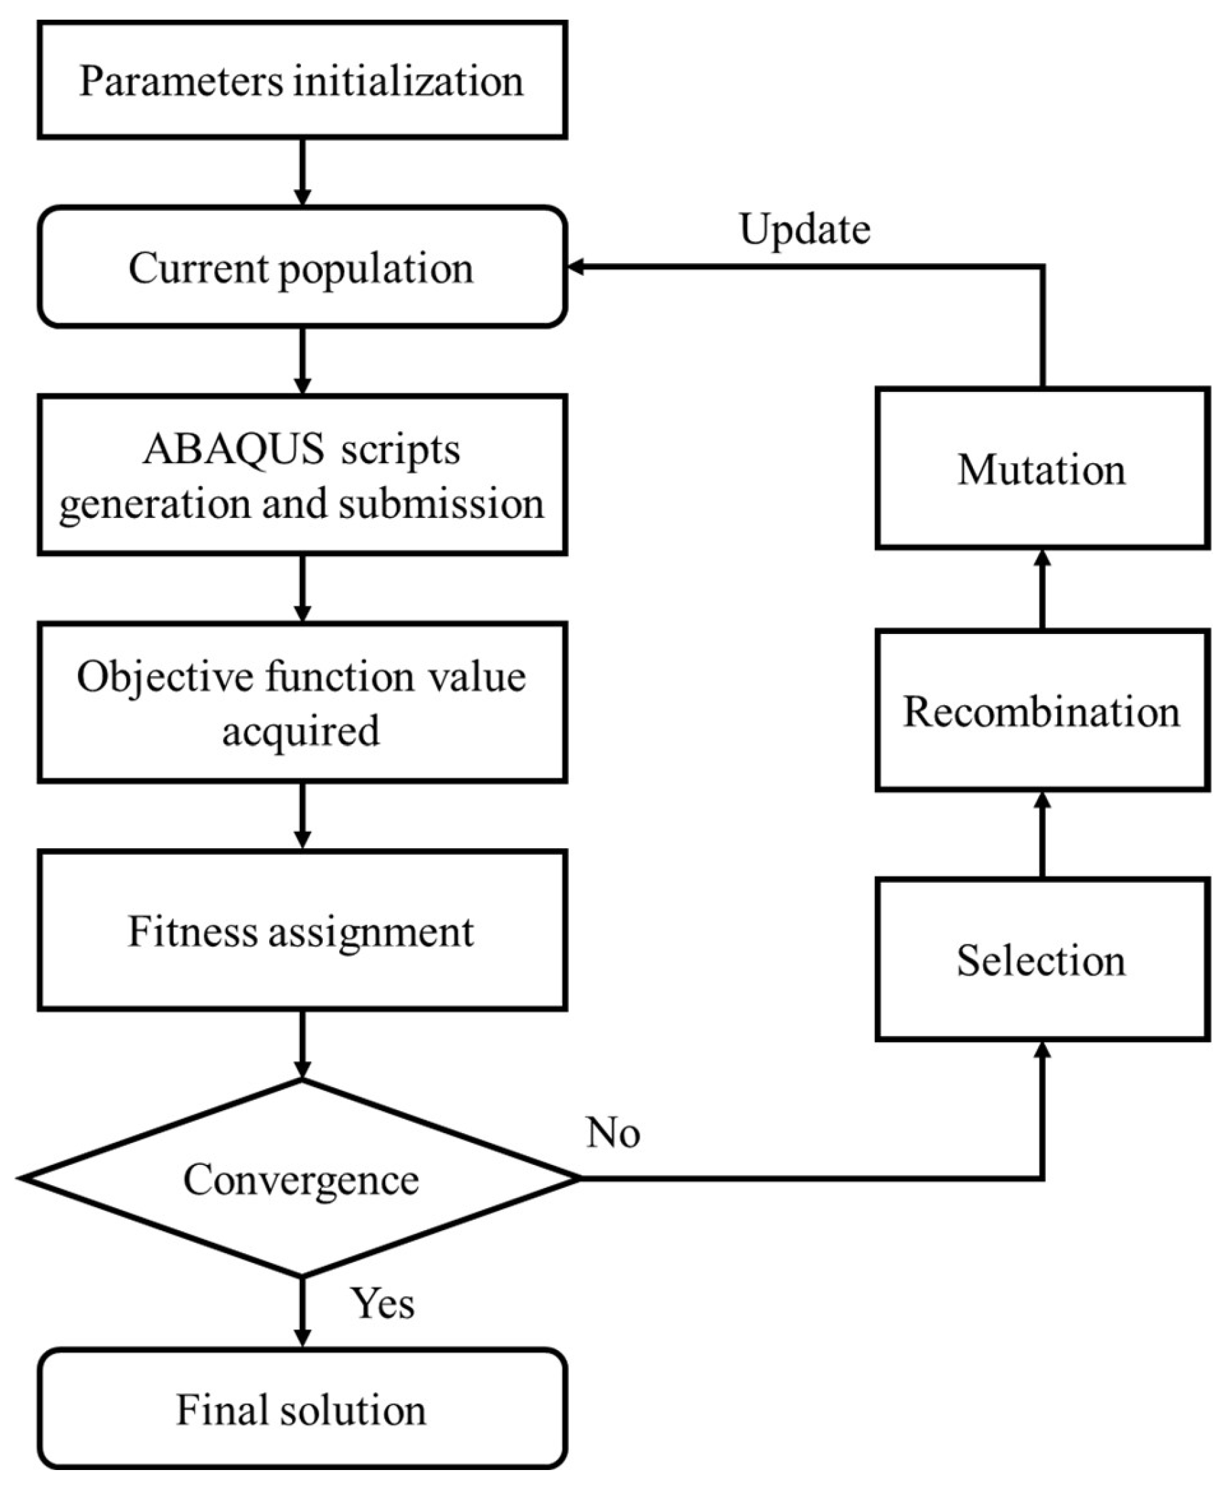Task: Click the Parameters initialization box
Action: coord(302,80)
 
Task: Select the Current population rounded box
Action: coord(302,268)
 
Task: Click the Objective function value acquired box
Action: coord(302,702)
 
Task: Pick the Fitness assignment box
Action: coord(302,931)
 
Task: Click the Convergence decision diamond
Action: coord(302,1178)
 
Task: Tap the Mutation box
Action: coord(1041,469)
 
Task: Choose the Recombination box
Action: coord(1041,711)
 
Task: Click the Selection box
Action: coord(1041,960)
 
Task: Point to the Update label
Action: coord(805,229)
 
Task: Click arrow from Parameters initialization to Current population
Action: coord(302,172)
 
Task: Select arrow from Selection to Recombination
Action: coord(1042,835)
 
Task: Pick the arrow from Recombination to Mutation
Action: coord(1042,590)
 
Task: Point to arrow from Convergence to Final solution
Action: coord(302,1311)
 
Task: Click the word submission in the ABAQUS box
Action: coord(441,504)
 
